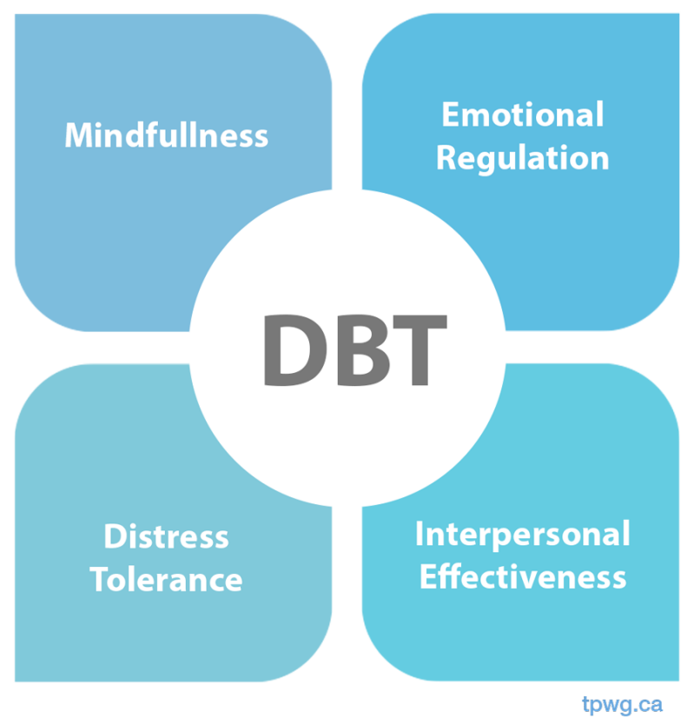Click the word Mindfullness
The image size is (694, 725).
tap(166, 136)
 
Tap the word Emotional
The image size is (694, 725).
tap(522, 114)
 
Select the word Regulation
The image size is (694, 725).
tap(522, 158)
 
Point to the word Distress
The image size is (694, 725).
tap(166, 536)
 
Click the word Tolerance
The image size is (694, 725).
tap(166, 579)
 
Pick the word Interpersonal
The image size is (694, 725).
tap(522, 534)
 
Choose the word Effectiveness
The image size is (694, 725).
tap(522, 576)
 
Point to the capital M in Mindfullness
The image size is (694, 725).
tap(80, 136)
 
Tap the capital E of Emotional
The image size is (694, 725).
tap(450, 115)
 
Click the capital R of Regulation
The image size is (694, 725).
tap(446, 158)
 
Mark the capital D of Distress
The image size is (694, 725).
tap(114, 536)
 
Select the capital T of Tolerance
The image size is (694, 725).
tap(99, 579)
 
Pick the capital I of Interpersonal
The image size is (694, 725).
tap(420, 534)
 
